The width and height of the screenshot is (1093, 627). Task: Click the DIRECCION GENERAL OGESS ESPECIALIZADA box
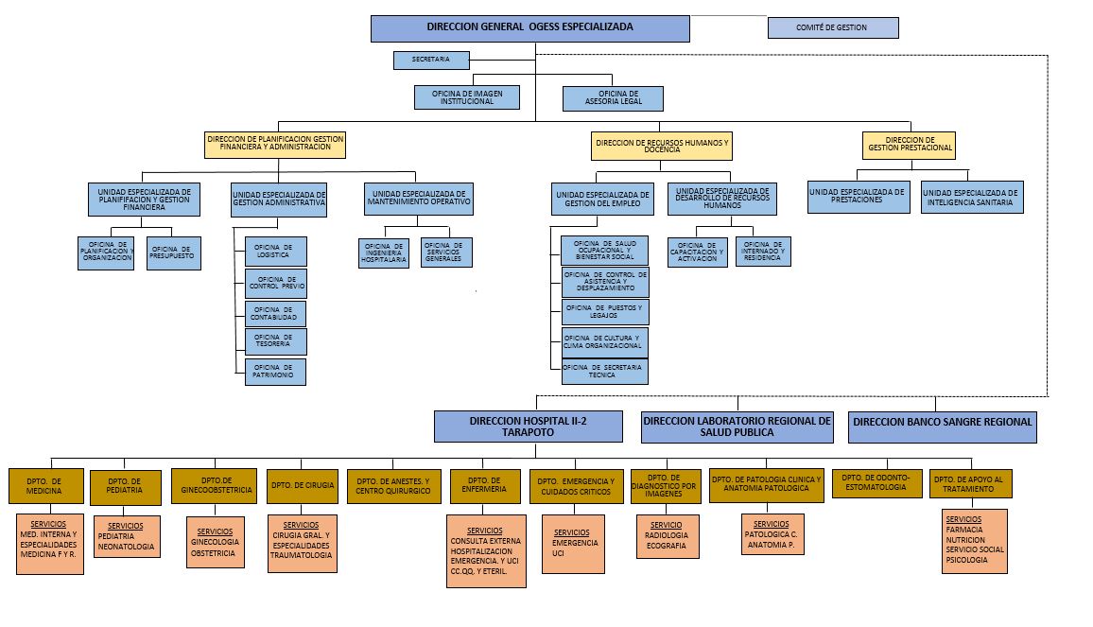(529, 28)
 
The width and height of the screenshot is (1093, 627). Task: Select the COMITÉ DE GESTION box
(832, 28)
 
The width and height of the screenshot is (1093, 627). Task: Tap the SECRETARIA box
(431, 61)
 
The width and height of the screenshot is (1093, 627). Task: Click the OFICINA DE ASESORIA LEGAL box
(613, 98)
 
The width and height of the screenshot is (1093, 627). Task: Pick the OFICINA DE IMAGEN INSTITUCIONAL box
(466, 97)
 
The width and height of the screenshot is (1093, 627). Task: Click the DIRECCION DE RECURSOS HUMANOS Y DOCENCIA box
(662, 146)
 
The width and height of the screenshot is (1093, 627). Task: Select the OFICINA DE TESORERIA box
(275, 341)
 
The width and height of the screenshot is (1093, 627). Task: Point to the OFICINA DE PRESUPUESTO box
(173, 253)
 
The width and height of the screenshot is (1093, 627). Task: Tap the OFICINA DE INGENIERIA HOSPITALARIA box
(384, 253)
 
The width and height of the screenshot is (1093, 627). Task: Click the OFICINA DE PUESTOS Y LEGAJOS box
(604, 312)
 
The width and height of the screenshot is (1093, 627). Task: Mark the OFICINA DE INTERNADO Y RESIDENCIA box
(762, 252)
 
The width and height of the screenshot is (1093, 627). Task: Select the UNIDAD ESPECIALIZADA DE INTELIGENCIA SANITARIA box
(972, 197)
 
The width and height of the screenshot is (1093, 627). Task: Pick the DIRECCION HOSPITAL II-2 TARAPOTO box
(529, 427)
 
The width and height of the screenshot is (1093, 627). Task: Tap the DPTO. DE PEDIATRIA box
(125, 487)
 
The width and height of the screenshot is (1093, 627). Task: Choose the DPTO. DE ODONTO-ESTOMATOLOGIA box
(876, 483)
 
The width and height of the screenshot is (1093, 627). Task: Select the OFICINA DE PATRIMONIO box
(275, 372)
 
